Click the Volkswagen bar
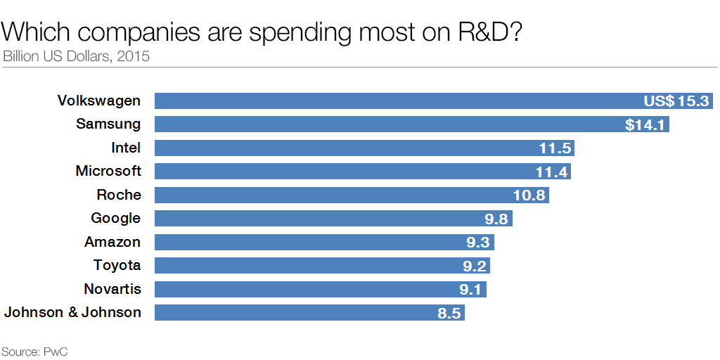394,101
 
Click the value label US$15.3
676,101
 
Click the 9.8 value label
496,219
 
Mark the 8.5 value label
449,313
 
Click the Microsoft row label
108,171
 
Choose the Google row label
116,218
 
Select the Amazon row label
112,242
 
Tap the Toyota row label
117,265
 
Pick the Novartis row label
112,289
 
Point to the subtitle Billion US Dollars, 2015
76,56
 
